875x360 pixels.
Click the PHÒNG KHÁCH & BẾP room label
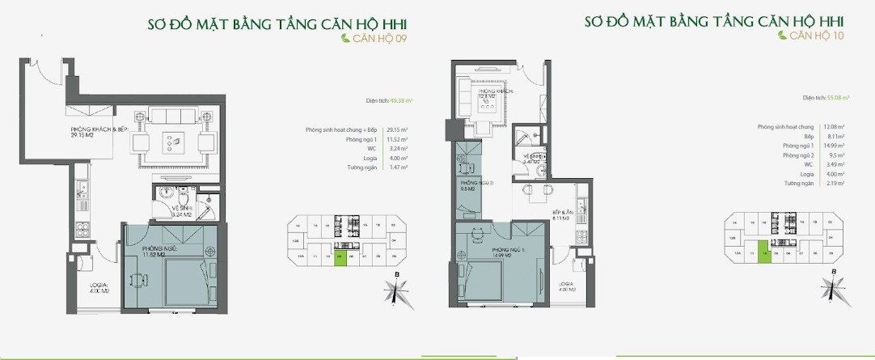point(97,133)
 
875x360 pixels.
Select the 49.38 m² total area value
point(401,102)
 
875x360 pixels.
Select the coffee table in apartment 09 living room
point(174,142)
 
